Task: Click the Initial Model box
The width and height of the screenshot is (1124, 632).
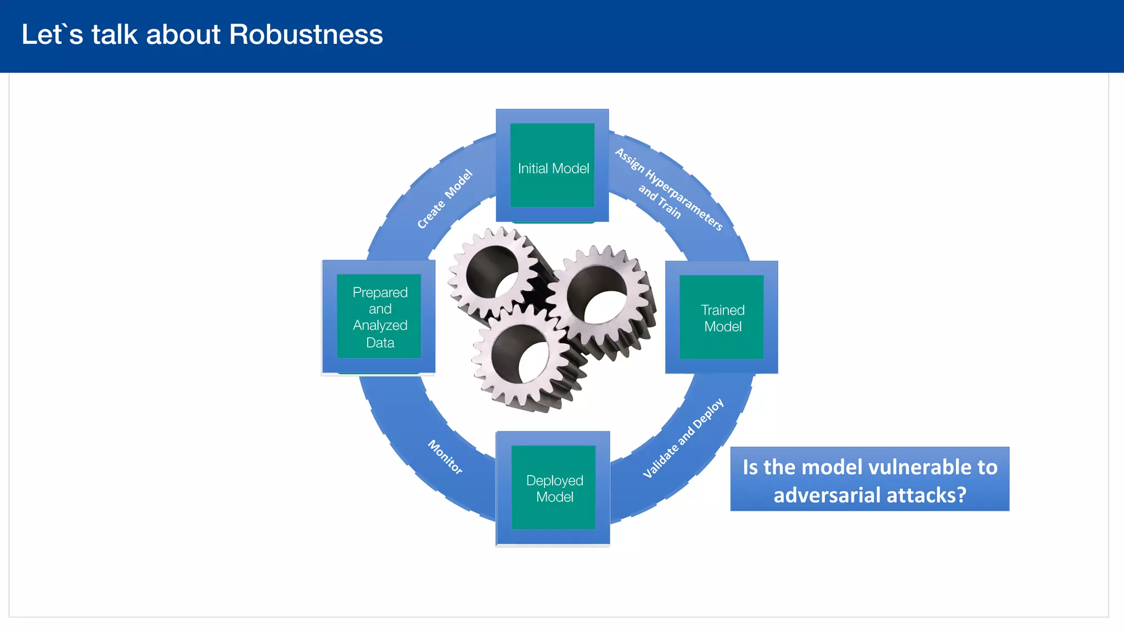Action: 552,166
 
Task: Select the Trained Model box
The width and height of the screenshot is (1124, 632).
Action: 722,318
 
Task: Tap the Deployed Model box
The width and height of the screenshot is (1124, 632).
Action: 553,488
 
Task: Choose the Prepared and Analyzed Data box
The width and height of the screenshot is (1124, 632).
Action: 379,317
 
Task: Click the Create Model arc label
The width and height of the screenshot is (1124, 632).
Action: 445,199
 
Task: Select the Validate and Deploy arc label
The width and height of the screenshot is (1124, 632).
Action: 683,438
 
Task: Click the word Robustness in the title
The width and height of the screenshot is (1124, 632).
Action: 306,35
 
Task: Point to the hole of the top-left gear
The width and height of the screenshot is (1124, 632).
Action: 492,272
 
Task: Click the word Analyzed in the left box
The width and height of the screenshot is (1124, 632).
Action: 380,325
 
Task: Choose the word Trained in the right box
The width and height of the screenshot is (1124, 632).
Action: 722,310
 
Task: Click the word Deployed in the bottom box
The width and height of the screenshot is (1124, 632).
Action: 554,481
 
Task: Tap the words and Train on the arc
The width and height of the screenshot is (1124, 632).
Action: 659,201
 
